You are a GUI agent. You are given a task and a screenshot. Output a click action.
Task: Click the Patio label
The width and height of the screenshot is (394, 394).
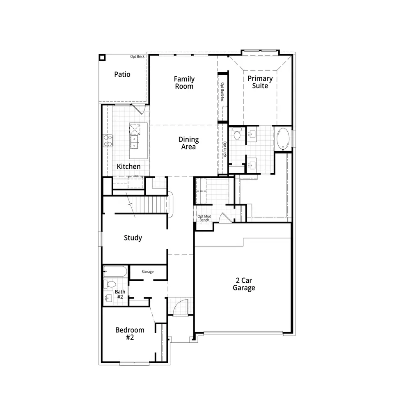pyautogui.click(x=122, y=74)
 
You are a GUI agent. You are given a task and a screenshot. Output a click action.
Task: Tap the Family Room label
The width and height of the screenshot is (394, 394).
pyautogui.click(x=184, y=82)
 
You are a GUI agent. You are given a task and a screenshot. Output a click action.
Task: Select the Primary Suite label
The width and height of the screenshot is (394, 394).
pyautogui.click(x=260, y=82)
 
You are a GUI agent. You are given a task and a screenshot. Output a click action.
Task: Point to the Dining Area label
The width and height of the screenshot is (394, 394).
pyautogui.click(x=188, y=143)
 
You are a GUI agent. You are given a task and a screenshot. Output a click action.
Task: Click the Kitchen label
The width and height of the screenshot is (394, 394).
pyautogui.click(x=128, y=166)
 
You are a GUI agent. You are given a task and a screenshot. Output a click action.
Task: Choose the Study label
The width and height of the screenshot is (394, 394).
pyautogui.click(x=133, y=238)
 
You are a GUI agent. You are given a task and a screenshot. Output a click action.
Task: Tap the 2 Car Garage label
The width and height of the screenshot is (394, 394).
pyautogui.click(x=244, y=284)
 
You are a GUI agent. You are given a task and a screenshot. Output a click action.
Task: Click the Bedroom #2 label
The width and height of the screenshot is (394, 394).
pyautogui.click(x=130, y=334)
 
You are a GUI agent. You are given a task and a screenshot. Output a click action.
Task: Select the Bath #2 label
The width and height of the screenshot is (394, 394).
pyautogui.click(x=120, y=294)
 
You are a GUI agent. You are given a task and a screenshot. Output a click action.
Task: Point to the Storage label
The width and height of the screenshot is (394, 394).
pyautogui.click(x=147, y=272)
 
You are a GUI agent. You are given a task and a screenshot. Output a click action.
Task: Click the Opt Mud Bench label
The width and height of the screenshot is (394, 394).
pyautogui.click(x=204, y=218)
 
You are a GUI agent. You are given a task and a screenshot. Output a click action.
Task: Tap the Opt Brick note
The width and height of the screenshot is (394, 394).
pyautogui.click(x=137, y=57)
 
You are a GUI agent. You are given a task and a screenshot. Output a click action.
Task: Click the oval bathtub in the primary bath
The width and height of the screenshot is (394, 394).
pyautogui.click(x=283, y=138)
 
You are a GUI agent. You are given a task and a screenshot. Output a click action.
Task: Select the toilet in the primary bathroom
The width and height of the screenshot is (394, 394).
pyautogui.click(x=237, y=134)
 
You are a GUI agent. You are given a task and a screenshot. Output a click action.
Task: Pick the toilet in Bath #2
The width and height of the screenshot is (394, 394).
pyautogui.click(x=110, y=284)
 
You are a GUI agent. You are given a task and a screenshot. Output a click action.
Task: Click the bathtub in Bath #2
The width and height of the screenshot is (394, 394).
pyautogui.click(x=115, y=271)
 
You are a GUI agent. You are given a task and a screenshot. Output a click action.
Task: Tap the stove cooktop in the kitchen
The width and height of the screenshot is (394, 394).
pyautogui.click(x=108, y=141)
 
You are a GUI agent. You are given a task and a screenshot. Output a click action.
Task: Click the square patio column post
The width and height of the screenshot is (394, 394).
pyautogui.click(x=102, y=58)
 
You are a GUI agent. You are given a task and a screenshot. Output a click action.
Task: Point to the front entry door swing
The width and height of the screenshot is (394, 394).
pyautogui.click(x=181, y=306)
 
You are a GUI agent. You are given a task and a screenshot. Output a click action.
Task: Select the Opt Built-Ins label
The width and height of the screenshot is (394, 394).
pyautogui.click(x=222, y=92)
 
